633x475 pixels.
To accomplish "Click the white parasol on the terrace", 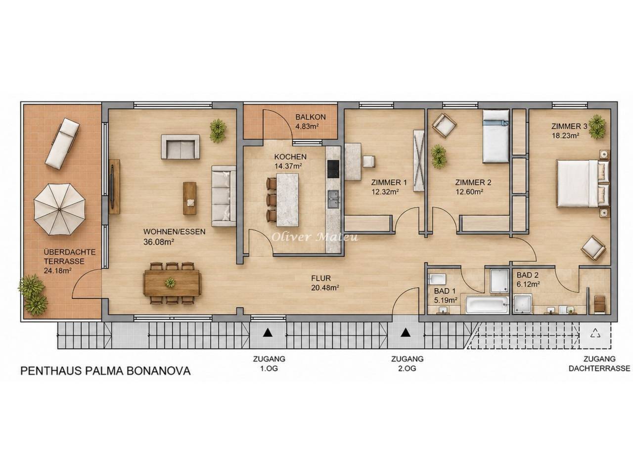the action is (59, 209).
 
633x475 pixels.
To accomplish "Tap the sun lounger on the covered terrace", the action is (62, 143).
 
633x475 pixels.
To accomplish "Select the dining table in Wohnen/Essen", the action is (172, 283).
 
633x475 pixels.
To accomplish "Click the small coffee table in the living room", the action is (190, 198).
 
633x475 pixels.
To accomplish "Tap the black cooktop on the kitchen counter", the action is (334, 169).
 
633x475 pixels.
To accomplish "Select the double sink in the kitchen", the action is (334, 199).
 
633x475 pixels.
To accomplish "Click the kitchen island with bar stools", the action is (284, 199).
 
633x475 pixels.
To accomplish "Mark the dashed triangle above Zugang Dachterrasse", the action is (595, 333).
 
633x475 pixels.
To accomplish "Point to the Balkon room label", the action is (311, 117).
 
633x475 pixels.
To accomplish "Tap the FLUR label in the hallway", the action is (321, 278).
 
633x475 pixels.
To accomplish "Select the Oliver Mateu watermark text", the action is (315, 237).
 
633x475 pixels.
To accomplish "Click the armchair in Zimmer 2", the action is (444, 125).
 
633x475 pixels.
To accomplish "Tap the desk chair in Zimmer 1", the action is (369, 161).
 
